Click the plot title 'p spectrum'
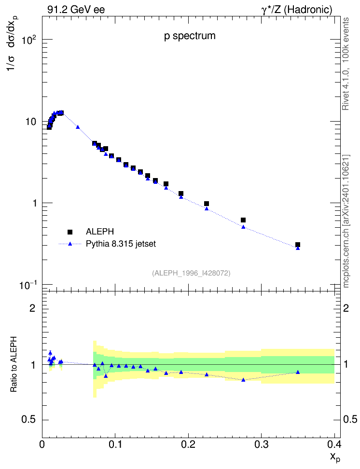[x=190, y=36]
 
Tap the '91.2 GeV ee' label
[x=76, y=10]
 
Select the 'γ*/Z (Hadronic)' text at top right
[x=297, y=10]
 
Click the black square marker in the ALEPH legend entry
[x=70, y=232]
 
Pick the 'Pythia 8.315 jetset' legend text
[x=121, y=244]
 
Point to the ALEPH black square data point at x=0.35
[x=297, y=245]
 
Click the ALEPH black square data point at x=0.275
[x=243, y=220]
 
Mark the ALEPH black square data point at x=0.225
[x=206, y=204]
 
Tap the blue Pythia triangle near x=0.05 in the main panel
[x=78, y=127]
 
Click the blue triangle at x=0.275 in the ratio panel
[x=243, y=380]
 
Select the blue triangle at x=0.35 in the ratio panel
[x=297, y=372]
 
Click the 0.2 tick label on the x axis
[x=188, y=444]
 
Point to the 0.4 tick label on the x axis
[x=334, y=444]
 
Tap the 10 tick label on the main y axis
[x=30, y=122]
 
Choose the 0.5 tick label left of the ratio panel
[x=28, y=419]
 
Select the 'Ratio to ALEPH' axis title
[x=14, y=364]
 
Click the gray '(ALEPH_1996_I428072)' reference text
[x=191, y=273]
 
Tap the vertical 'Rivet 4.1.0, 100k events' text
[x=346, y=64]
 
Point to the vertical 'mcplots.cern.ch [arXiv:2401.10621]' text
[x=346, y=221]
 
